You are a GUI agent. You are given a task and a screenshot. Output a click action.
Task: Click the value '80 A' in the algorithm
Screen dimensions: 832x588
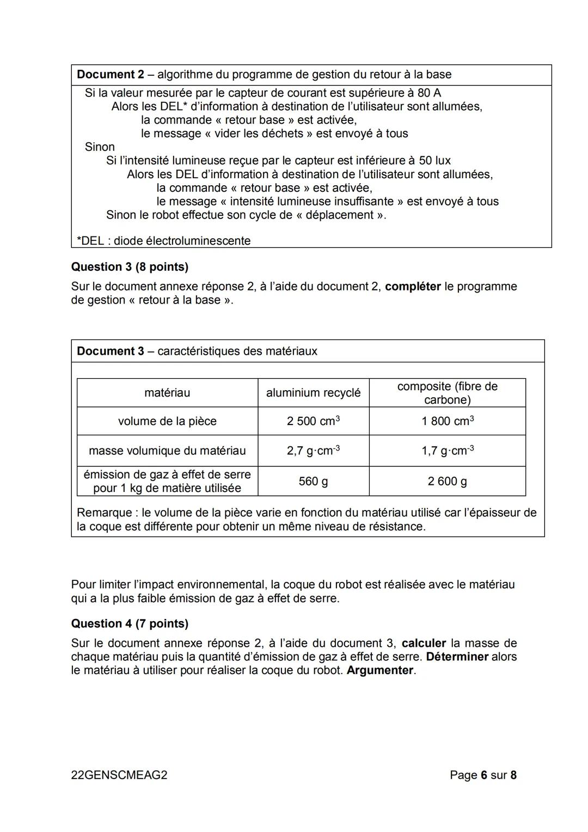(429, 93)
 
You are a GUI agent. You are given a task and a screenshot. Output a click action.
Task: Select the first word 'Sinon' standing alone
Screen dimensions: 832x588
(100, 147)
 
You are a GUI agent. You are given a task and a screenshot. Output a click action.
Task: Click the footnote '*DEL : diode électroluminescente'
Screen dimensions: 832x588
(163, 241)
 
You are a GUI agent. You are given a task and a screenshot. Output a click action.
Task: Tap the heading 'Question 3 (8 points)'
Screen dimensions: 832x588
(130, 267)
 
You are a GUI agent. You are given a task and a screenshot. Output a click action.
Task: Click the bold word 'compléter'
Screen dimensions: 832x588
(413, 287)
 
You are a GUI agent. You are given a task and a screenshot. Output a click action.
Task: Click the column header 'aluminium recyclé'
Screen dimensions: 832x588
(313, 393)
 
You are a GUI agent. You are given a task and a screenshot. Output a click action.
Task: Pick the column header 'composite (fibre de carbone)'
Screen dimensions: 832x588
(447, 393)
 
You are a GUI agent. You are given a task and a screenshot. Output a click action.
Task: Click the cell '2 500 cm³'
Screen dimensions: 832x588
(313, 421)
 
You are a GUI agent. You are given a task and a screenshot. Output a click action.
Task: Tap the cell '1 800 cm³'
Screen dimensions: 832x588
(447, 421)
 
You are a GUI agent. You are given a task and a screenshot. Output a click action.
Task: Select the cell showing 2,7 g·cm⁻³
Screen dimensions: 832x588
(313, 451)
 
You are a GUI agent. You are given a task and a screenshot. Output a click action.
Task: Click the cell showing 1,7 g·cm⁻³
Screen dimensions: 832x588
(447, 451)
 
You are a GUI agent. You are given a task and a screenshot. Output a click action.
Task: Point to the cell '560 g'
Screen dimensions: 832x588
(313, 481)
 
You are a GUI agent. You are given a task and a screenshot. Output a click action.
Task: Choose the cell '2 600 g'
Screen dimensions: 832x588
(447, 481)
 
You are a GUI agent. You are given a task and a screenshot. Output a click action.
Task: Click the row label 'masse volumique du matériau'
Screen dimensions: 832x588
(167, 451)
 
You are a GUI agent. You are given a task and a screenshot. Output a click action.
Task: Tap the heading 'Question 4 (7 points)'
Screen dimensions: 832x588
(130, 624)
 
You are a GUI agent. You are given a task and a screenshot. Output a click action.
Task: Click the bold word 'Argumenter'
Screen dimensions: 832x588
(380, 671)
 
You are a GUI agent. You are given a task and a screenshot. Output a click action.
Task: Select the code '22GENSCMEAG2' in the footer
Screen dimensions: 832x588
(119, 775)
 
